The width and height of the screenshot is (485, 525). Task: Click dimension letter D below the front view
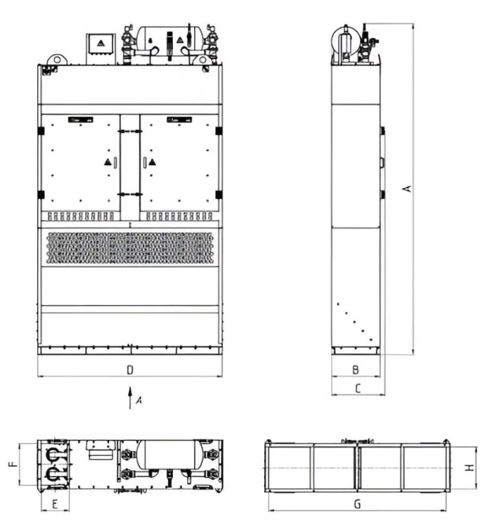coord(130,370)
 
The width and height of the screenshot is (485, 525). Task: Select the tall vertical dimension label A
coord(407,188)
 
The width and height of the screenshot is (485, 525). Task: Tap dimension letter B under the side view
coord(356,370)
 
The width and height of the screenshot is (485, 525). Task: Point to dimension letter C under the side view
coord(358,389)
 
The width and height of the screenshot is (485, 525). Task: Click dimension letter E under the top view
coord(56,504)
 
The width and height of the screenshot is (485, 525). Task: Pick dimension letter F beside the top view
coord(13,464)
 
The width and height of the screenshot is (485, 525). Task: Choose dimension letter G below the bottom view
coord(357,504)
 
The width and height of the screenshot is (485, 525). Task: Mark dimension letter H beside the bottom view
coord(470,467)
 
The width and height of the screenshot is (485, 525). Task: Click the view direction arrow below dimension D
coord(130,398)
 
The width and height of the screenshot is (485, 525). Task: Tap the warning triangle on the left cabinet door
coord(108,162)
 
